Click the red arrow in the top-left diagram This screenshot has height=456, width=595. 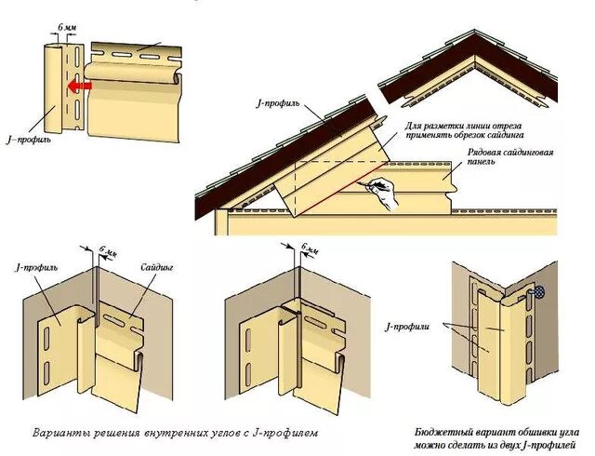[x=77, y=87]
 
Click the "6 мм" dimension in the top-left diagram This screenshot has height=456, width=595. [x=67, y=30]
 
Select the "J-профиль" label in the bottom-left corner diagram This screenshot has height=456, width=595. [x=37, y=267]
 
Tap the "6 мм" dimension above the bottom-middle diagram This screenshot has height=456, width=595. [x=309, y=250]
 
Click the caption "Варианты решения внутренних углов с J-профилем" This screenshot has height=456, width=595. [x=175, y=433]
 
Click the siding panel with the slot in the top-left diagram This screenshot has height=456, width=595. [x=135, y=70]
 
